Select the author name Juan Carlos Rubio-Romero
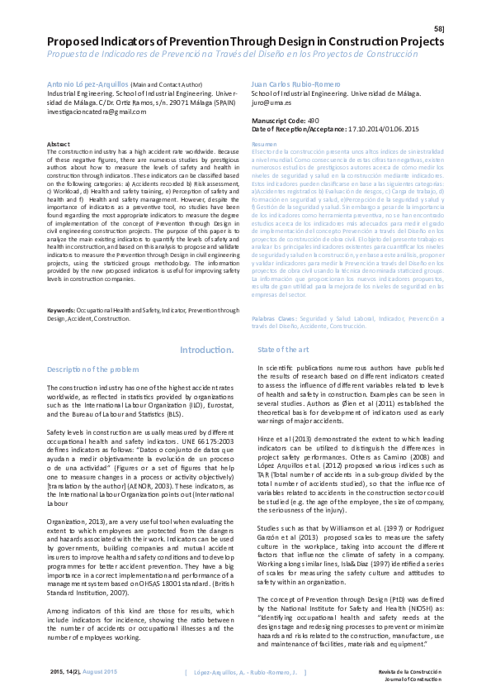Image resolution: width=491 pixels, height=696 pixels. [290, 84]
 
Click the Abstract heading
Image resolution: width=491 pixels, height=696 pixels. [59, 144]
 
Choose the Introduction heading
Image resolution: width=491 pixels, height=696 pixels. [206, 350]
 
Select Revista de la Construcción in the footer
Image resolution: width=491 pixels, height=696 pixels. [409, 671]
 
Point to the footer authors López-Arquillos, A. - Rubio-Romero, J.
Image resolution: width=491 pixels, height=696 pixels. [245, 673]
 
